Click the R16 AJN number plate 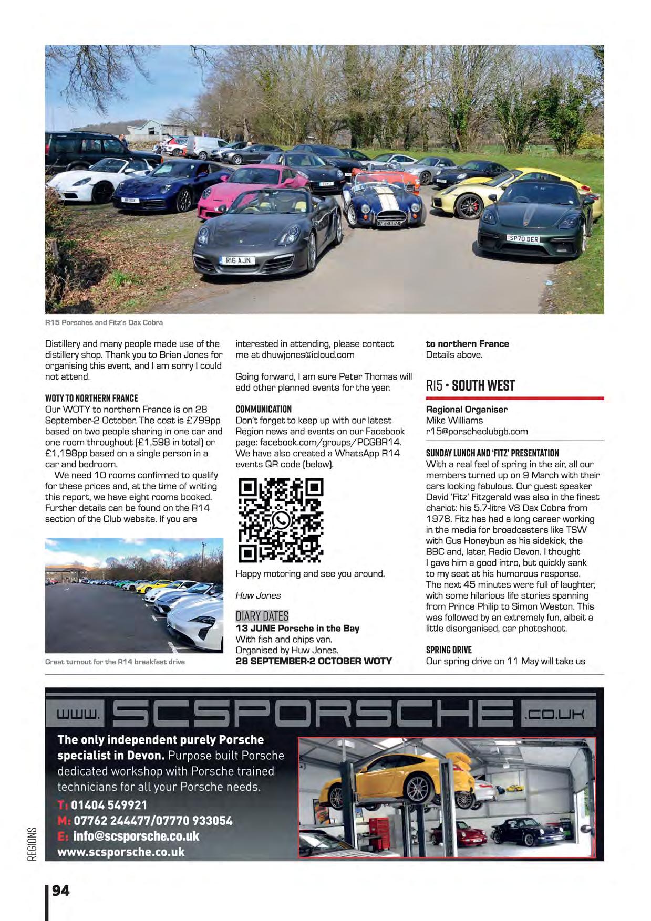pyautogui.click(x=238, y=260)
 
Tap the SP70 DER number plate pyautogui.click(x=523, y=238)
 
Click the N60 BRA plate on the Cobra pyautogui.click(x=389, y=223)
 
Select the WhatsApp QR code pyautogui.click(x=281, y=520)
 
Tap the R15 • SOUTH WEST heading pyautogui.click(x=470, y=385)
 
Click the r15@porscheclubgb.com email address pyautogui.click(x=477, y=431)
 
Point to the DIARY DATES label pyautogui.click(x=262, y=616)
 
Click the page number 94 pyautogui.click(x=61, y=891)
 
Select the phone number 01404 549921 pyautogui.click(x=109, y=805)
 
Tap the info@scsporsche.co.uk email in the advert pyautogui.click(x=136, y=836)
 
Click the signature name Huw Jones pyautogui.click(x=258, y=595)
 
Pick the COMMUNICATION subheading pyautogui.click(x=263, y=409)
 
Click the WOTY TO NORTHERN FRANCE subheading pyautogui.click(x=91, y=398)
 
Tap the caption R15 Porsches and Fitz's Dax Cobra pyautogui.click(x=104, y=322)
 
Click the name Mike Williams pyautogui.click(x=454, y=420)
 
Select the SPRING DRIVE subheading pyautogui.click(x=449, y=650)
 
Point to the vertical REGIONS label pyautogui.click(x=33, y=844)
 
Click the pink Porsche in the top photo pyautogui.click(x=252, y=181)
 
